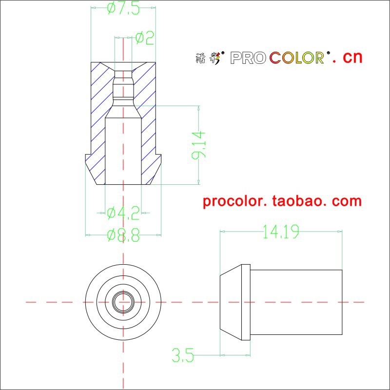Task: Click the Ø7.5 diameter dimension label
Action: (x=123, y=8)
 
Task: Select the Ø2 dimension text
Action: (x=144, y=38)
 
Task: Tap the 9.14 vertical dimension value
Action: (x=199, y=145)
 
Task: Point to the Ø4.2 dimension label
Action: (x=123, y=212)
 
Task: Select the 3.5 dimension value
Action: (x=183, y=355)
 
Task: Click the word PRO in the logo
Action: (x=248, y=58)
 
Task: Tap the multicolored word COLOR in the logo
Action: (x=297, y=58)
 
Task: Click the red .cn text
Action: (x=348, y=57)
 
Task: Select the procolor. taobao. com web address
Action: (x=282, y=201)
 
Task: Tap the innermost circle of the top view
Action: (x=123, y=302)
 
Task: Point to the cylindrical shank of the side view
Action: (x=295, y=302)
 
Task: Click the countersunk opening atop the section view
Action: (x=123, y=66)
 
